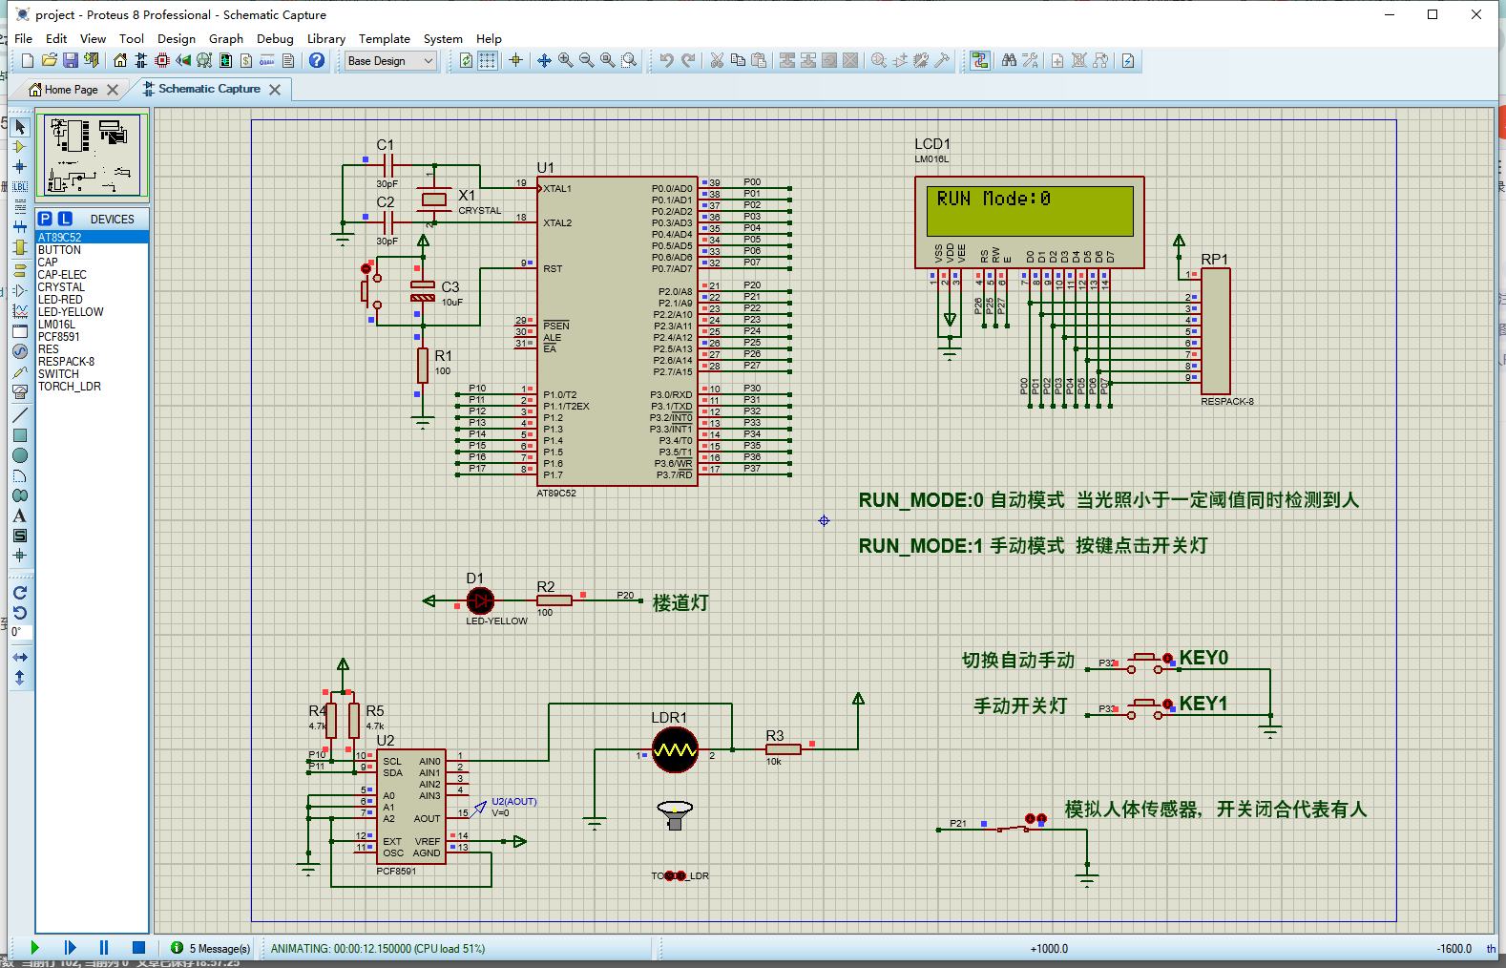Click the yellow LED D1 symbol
coord(480,600)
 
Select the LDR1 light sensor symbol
coord(675,750)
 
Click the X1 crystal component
coord(434,200)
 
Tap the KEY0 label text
coord(1203,658)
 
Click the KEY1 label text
coord(1203,704)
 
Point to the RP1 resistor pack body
coord(1215,329)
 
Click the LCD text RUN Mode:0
coord(994,199)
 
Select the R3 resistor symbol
coord(783,749)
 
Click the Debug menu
coord(275,39)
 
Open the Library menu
coord(325,39)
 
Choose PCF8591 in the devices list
coord(59,337)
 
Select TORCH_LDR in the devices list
coord(70,387)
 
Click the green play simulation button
coord(35,948)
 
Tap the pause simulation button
coord(104,948)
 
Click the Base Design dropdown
coord(390,61)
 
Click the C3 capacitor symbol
coord(423,291)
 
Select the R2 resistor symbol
coord(554,600)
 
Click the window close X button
coord(1476,14)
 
